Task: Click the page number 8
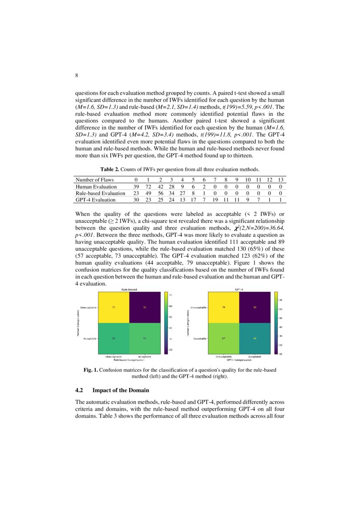pyautogui.click(x=77, y=75)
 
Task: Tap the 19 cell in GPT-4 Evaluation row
pyautogui.click(x=215, y=200)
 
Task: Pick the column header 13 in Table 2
pyautogui.click(x=281, y=180)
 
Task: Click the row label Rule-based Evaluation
pyautogui.click(x=100, y=193)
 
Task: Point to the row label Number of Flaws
pyautogui.click(x=94, y=180)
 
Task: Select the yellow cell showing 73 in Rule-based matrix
pyautogui.click(x=114, y=307)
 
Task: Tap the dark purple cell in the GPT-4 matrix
pyautogui.click(x=256, y=307)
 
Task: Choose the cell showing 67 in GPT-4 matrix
pyautogui.click(x=223, y=338)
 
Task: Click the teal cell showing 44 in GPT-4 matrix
pyautogui.click(x=256, y=338)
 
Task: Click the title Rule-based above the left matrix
pyautogui.click(x=129, y=289)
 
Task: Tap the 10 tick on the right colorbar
pyautogui.click(x=282, y=354)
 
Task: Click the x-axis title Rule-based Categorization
pyautogui.click(x=129, y=360)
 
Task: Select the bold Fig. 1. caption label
pyautogui.click(x=91, y=370)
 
